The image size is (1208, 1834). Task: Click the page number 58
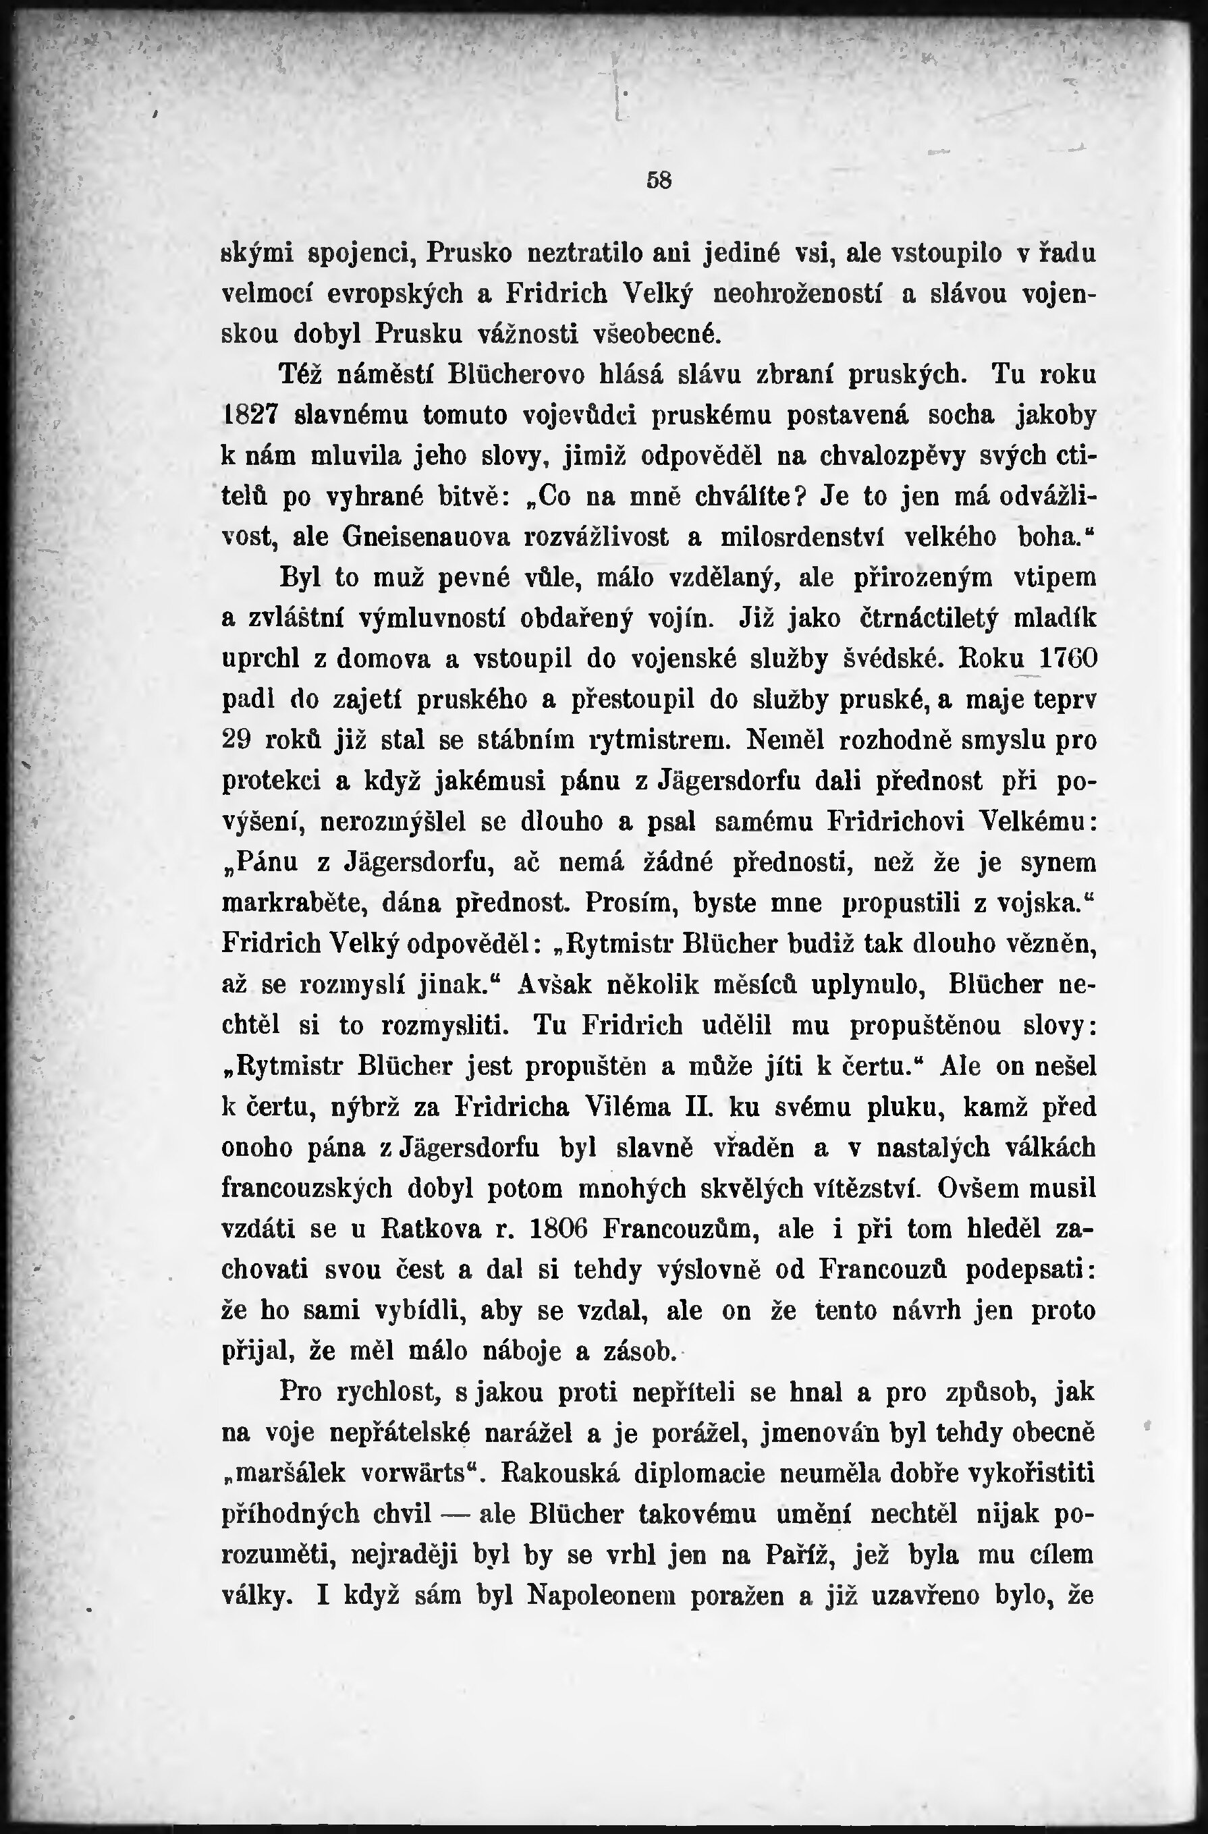[659, 180]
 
